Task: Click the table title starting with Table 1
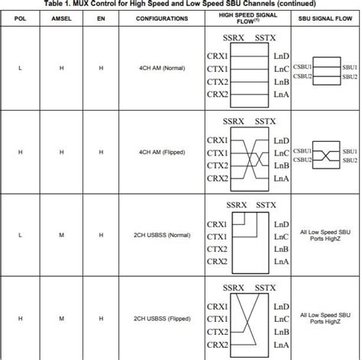pos(181,3)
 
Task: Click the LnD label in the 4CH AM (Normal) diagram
pos(281,56)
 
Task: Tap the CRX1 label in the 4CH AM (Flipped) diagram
pos(218,140)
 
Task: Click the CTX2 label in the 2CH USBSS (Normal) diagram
pos(218,249)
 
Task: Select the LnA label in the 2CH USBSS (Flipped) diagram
pos(281,346)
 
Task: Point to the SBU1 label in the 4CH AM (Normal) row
pos(351,66)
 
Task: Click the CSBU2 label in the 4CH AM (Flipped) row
pos(302,159)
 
